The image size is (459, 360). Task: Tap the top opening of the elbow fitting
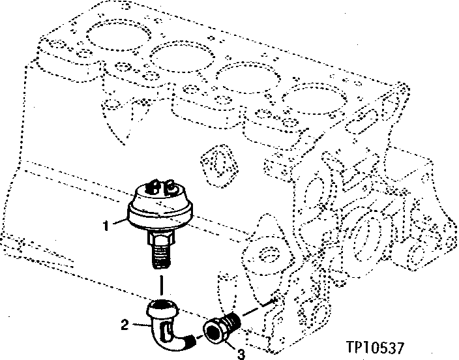163,305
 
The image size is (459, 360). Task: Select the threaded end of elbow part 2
190,340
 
